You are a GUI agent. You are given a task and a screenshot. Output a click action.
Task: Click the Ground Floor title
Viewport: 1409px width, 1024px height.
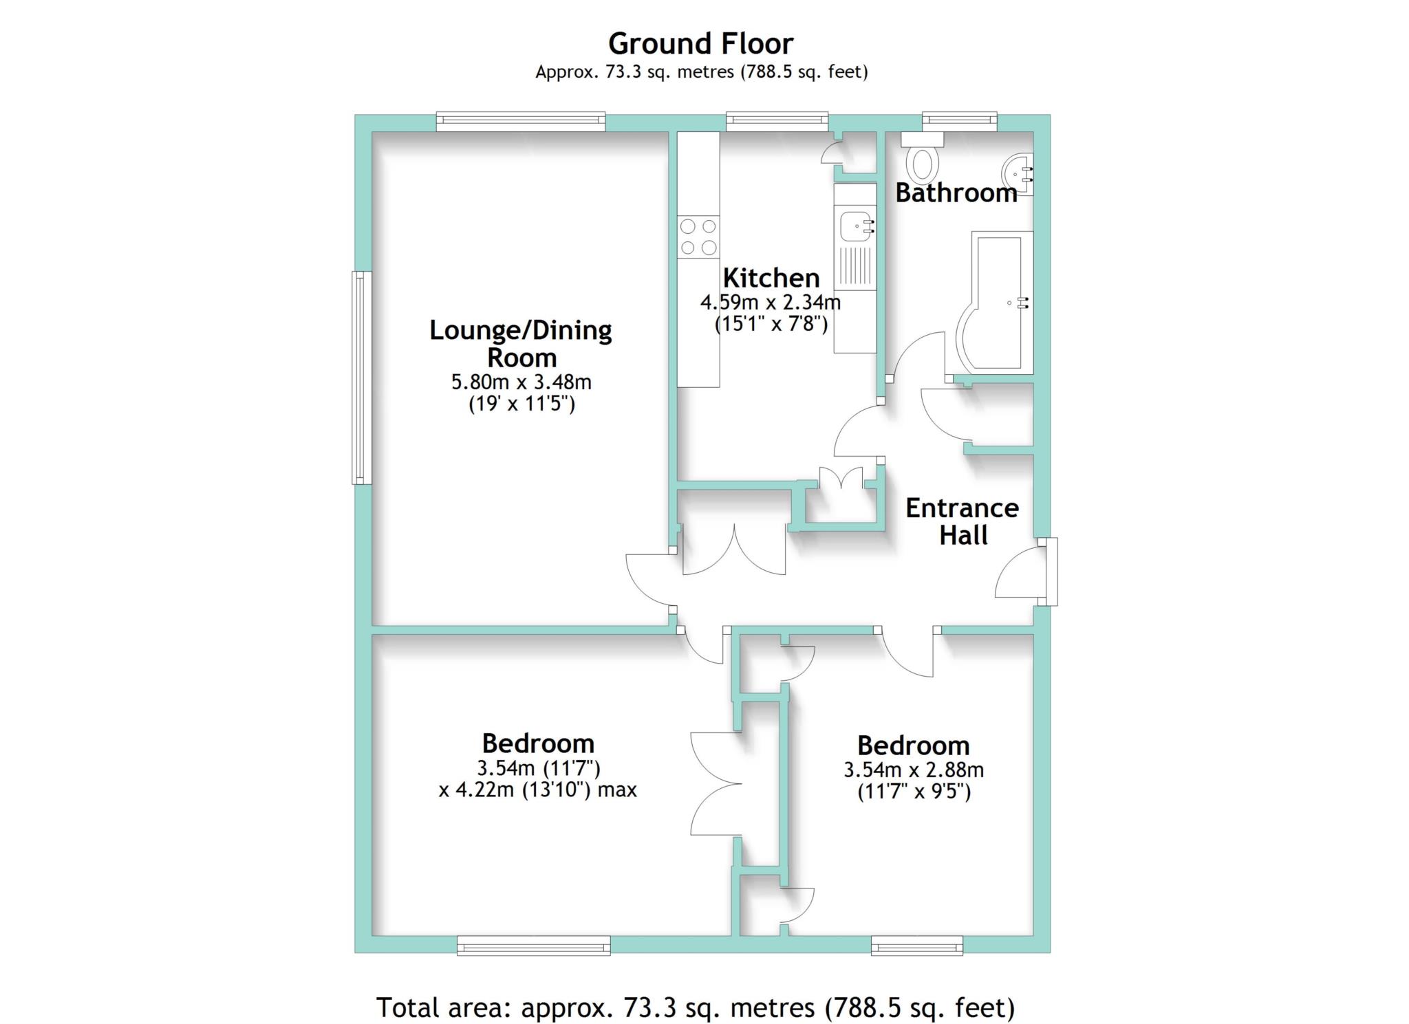[700, 44]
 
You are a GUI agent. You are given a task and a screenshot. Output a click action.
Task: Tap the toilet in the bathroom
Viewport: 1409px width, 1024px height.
[923, 159]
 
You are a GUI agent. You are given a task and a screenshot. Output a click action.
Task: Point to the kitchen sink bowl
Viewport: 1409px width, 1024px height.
[852, 226]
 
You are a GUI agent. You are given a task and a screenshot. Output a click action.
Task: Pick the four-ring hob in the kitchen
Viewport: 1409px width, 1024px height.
[698, 237]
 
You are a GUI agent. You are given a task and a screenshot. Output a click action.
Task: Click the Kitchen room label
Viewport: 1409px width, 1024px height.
[771, 278]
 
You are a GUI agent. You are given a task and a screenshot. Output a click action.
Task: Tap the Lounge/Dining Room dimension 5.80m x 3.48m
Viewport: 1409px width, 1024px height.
[521, 382]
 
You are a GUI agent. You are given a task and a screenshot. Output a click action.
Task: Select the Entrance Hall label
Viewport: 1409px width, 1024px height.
[962, 521]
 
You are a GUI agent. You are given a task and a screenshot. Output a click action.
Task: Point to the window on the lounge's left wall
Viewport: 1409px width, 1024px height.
[362, 378]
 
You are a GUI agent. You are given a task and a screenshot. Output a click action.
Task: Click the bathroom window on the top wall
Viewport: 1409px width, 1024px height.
[959, 122]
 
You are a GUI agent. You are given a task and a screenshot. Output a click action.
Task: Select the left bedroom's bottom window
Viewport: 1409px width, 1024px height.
[534, 946]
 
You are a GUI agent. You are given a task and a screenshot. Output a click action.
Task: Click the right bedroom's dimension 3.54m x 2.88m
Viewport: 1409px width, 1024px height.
[914, 770]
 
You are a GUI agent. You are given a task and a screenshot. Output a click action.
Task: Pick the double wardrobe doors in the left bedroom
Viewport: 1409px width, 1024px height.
[716, 784]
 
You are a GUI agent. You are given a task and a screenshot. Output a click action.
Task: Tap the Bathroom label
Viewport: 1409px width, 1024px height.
[956, 193]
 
